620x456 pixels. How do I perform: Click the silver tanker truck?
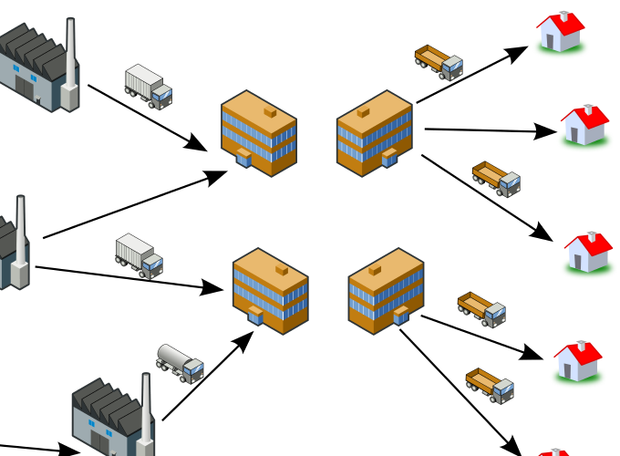click(180, 363)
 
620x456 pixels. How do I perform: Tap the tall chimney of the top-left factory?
click(71, 50)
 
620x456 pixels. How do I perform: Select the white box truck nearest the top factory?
click(148, 87)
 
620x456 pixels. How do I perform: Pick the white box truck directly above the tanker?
click(139, 255)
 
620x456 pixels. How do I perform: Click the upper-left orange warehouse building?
click(259, 131)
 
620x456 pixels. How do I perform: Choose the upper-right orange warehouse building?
click(375, 131)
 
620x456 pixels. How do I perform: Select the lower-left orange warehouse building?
click(270, 289)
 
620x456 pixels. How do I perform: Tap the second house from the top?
click(584, 125)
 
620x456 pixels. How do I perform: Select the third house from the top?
click(588, 252)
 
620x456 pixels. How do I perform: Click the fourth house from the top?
click(578, 361)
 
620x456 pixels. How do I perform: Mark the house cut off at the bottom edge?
click(554, 451)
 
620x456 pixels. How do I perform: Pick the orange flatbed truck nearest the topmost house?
click(439, 61)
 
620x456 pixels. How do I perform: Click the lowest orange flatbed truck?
click(491, 385)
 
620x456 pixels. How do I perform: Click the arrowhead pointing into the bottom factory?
click(70, 450)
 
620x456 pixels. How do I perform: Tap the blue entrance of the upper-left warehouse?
click(244, 158)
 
